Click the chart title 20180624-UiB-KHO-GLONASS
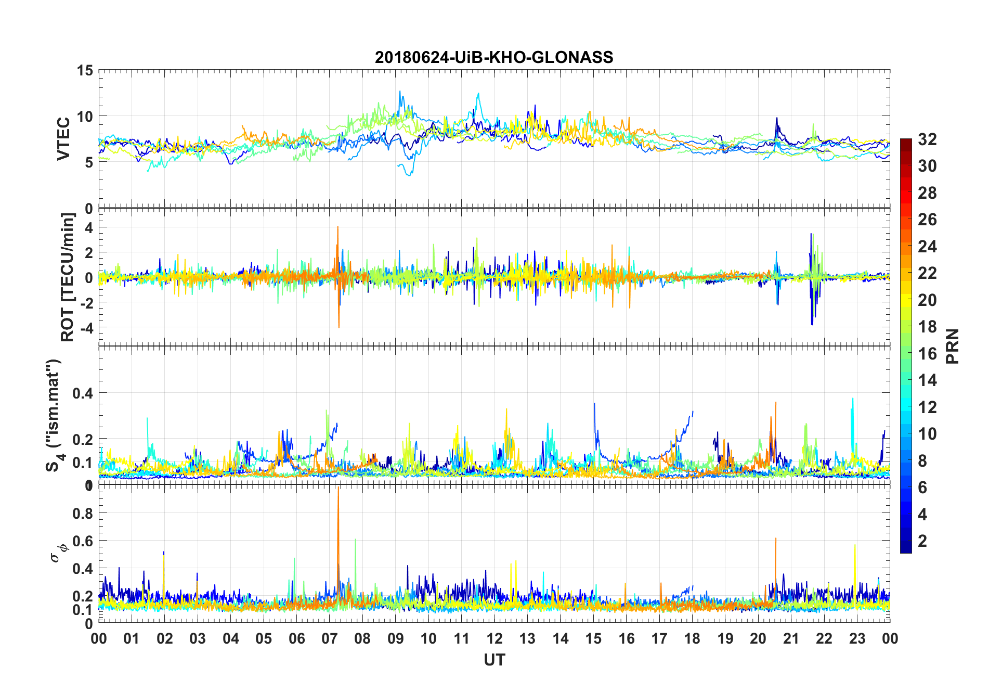494,57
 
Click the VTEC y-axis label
63,139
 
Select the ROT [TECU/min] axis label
68,277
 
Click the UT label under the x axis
494,660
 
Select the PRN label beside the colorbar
952,346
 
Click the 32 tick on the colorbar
927,139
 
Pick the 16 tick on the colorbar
927,354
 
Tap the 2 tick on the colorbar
922,541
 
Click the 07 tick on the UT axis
330,639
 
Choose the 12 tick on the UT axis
494,639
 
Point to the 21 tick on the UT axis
791,639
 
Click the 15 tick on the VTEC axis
85,70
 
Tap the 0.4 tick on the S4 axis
83,393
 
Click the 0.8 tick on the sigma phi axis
83,514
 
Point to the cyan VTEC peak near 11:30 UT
478,94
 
